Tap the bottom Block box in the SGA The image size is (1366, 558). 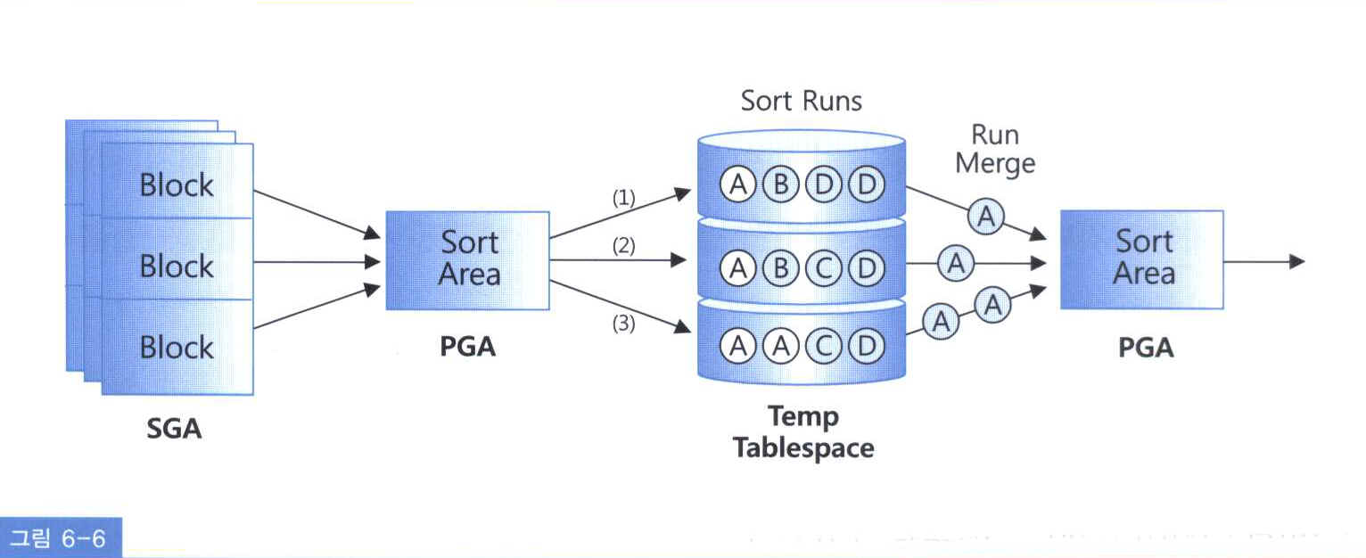(177, 346)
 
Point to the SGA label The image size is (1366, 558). (174, 430)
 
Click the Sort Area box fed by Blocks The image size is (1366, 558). (467, 259)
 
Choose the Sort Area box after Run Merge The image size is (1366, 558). (1141, 258)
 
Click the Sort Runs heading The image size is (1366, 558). (802, 101)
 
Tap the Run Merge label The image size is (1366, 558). (994, 149)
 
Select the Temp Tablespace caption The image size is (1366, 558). (802, 431)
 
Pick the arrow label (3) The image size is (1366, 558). (623, 324)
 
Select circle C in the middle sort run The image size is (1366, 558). (822, 266)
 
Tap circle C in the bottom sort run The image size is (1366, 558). (822, 346)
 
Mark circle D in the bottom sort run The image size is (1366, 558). (865, 346)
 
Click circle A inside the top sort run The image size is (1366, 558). (737, 185)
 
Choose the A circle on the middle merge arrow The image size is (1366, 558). (955, 263)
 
